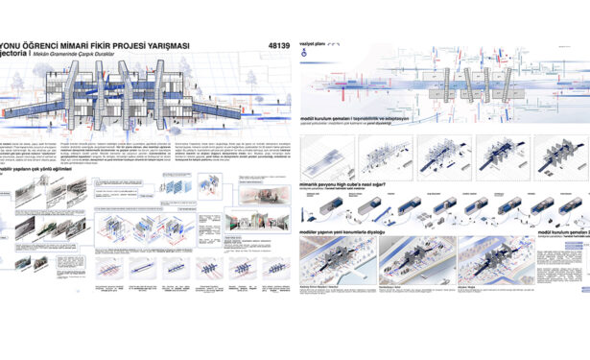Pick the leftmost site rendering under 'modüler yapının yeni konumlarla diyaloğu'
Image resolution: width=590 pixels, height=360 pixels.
click(x=338, y=263)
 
